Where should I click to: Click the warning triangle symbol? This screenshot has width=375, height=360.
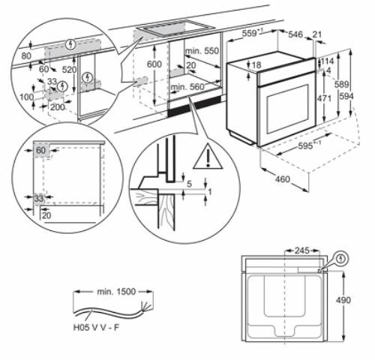(202, 157)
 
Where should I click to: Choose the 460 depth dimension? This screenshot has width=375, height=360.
(283, 179)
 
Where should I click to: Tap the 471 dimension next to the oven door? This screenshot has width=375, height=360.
(325, 97)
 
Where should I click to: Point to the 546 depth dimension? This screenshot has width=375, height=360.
(295, 34)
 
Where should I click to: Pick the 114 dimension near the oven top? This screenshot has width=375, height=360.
(327, 61)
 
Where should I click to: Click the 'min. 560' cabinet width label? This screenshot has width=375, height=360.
(187, 88)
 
